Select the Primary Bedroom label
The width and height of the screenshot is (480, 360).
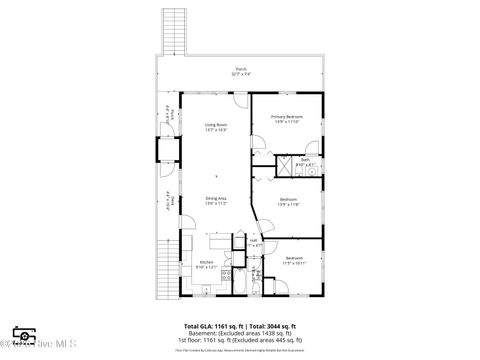pos(286,117)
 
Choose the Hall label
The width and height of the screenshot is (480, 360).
pos(254,239)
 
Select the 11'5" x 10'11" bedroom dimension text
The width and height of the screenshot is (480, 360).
pos(294,264)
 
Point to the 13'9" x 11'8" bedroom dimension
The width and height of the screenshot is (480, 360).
pos(287,204)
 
